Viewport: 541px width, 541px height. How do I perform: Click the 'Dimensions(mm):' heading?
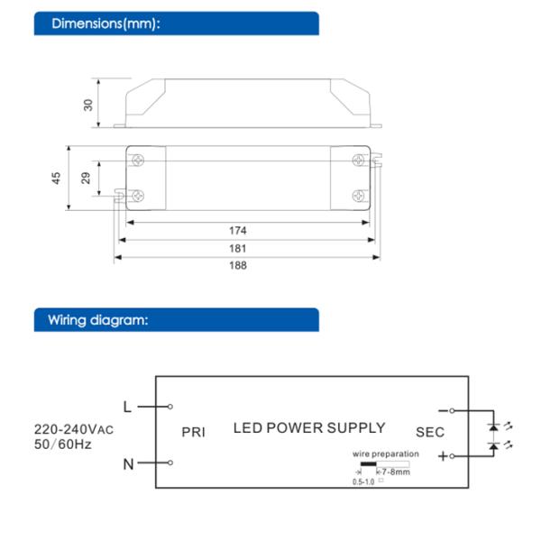pyautogui.click(x=106, y=23)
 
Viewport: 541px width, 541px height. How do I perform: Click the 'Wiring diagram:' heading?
pyautogui.click(x=98, y=320)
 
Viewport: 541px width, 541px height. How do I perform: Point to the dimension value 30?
pyautogui.click(x=88, y=104)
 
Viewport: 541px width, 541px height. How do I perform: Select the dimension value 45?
pyautogui.click(x=56, y=179)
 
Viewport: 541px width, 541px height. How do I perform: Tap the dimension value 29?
pyautogui.click(x=87, y=179)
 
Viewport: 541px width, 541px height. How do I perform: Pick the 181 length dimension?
pyautogui.click(x=238, y=248)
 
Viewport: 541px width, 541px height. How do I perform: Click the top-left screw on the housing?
pyautogui.click(x=138, y=160)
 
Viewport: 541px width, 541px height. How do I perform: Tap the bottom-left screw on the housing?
pyautogui.click(x=138, y=195)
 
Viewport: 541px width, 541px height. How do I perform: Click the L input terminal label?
pyautogui.click(x=127, y=407)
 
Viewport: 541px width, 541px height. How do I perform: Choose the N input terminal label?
pyautogui.click(x=128, y=464)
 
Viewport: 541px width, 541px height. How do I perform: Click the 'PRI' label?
pyautogui.click(x=194, y=432)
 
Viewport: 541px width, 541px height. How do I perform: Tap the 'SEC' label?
pyautogui.click(x=430, y=432)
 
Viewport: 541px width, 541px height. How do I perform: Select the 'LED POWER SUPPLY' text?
pyautogui.click(x=309, y=428)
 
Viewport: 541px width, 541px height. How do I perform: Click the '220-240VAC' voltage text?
pyautogui.click(x=75, y=428)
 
